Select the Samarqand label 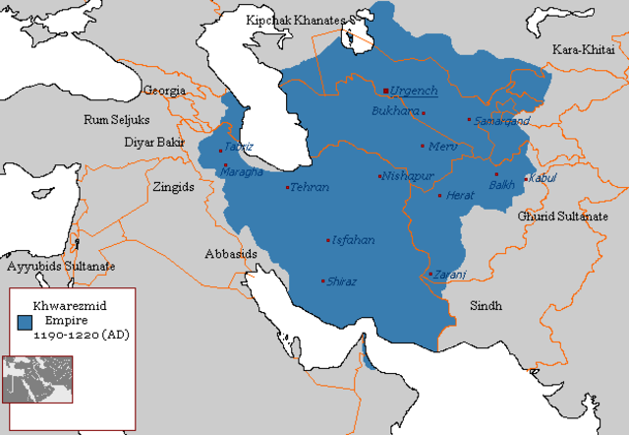(502, 120)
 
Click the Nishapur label (407, 177)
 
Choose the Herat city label (460, 195)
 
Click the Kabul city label (543, 178)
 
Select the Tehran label (311, 187)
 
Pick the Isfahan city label (354, 239)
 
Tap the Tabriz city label (239, 147)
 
